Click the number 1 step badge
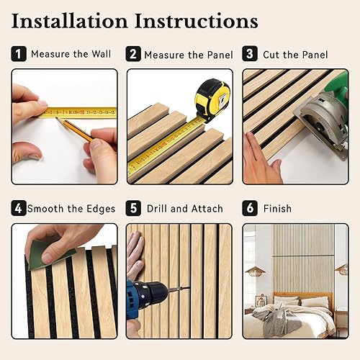coord(19,54)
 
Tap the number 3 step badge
coord(249,54)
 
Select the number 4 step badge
coord(19,209)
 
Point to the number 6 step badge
coord(249,209)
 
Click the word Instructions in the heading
coord(202,20)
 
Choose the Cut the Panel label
coord(295,54)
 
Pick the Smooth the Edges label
coord(71,209)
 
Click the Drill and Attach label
coord(185,209)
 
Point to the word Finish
coord(277,209)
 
